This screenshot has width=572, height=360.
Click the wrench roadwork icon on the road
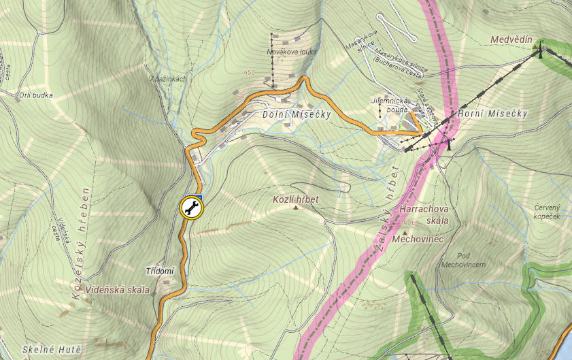tap(191, 208)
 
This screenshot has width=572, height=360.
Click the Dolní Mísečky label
tap(297, 115)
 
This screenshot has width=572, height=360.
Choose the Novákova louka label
tap(292, 52)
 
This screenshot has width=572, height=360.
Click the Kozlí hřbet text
tap(295, 199)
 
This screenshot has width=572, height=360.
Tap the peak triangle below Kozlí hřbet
tap(296, 208)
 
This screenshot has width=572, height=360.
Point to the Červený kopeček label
tap(546, 211)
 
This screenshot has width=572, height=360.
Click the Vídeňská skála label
tap(118, 290)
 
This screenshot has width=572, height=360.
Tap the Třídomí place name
tap(161, 271)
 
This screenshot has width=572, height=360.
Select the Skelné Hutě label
tap(52, 350)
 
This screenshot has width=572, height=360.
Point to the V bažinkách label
tap(167, 79)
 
